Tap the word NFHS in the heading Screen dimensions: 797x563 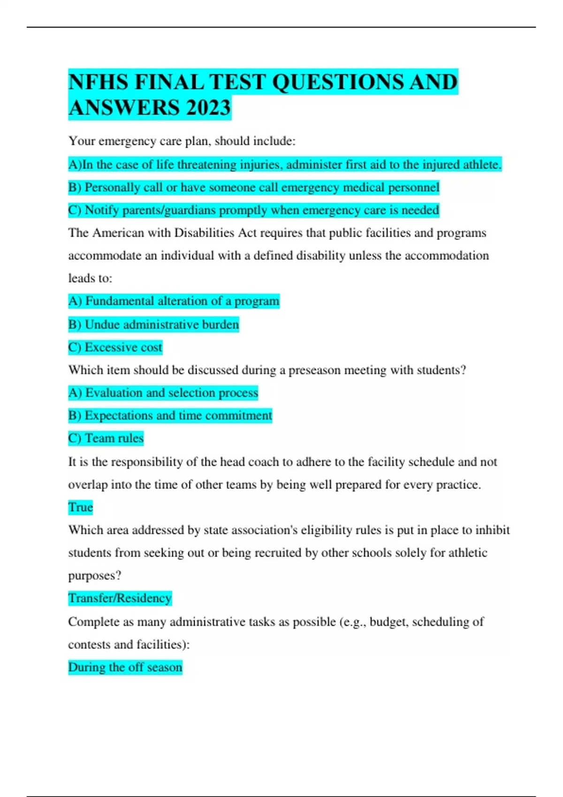coord(98,82)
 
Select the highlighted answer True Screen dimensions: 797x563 coord(80,507)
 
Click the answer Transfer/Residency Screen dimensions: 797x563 coord(120,598)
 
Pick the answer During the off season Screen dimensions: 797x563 coord(125,667)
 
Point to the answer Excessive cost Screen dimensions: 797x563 coord(115,347)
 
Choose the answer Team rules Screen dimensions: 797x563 coord(106,438)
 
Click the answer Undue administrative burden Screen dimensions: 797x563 coord(153,324)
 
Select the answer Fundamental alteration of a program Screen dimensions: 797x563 coord(174,301)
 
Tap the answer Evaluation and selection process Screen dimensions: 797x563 coord(163,393)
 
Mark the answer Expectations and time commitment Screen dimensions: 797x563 coord(170,415)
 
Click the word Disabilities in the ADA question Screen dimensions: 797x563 coord(204,233)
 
